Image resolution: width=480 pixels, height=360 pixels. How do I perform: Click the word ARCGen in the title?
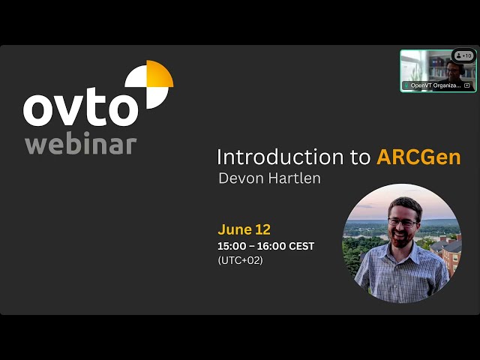[418, 157]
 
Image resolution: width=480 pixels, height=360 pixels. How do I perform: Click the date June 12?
[244, 229]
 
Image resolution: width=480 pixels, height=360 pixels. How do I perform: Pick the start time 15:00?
[231, 246]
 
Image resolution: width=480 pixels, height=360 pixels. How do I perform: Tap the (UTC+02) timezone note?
[240, 260]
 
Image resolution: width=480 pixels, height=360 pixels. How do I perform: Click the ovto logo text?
[81, 109]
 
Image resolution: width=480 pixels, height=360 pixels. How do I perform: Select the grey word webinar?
[81, 143]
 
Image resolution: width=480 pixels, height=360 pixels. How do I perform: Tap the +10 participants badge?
[464, 55]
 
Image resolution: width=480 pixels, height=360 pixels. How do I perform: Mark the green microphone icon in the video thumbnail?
[406, 85]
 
